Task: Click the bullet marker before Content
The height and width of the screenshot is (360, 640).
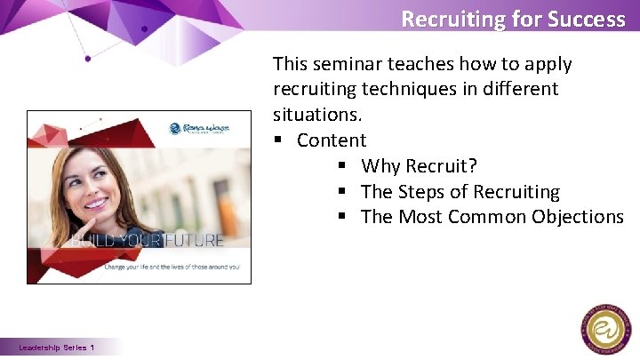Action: pyautogui.click(x=279, y=140)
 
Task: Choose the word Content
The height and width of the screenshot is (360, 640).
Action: pyautogui.click(x=332, y=140)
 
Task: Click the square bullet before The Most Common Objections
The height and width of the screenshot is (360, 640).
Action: pyautogui.click(x=343, y=217)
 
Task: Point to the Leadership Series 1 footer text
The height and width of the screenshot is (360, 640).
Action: pyautogui.click(x=57, y=348)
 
